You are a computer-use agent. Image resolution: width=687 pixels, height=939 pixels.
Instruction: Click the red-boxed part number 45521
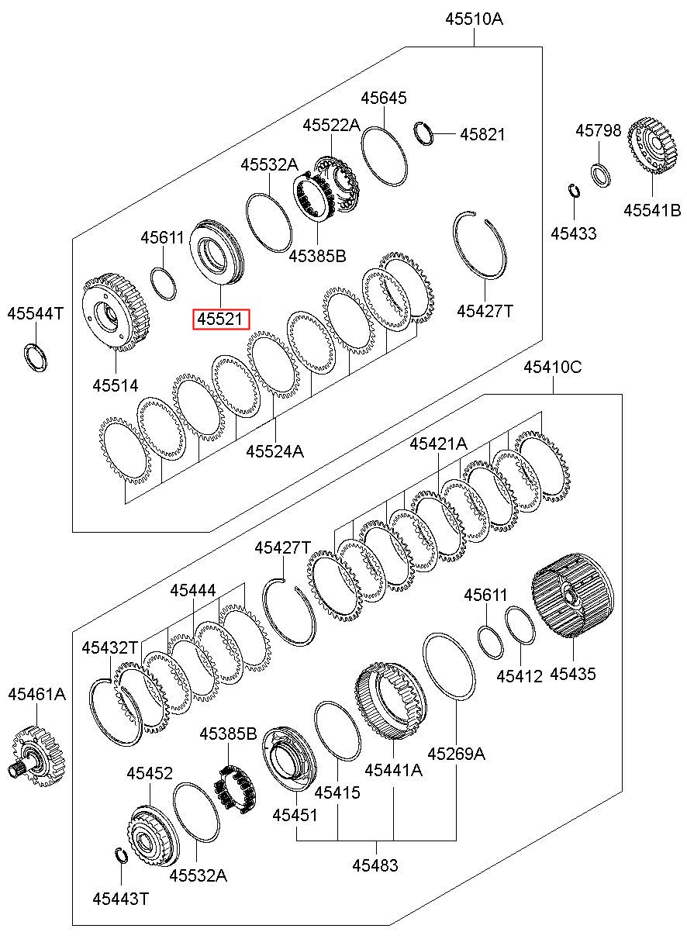tap(221, 319)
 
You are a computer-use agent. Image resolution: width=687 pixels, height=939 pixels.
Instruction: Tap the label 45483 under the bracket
tap(375, 865)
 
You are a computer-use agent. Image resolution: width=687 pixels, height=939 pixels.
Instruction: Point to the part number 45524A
tap(274, 450)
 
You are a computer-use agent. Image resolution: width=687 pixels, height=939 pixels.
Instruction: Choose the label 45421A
tap(438, 444)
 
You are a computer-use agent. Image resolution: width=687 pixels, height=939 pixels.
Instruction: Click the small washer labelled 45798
tap(600, 174)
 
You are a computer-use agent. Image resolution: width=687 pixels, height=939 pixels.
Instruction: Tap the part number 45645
tap(384, 98)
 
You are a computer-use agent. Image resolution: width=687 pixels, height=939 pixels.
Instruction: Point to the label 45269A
tap(456, 752)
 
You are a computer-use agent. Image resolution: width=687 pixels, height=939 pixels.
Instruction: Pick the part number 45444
tap(193, 591)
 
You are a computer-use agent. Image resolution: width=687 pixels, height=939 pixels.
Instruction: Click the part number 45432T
tap(110, 647)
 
